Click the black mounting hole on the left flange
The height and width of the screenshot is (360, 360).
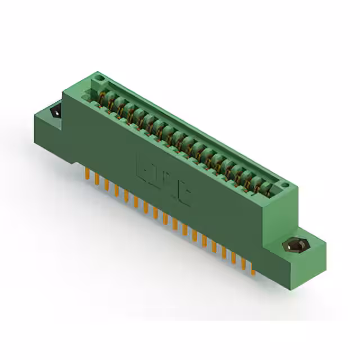click(x=57, y=112)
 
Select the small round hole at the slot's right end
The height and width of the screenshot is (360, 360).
click(x=285, y=185)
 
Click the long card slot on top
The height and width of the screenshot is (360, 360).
click(x=186, y=138)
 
